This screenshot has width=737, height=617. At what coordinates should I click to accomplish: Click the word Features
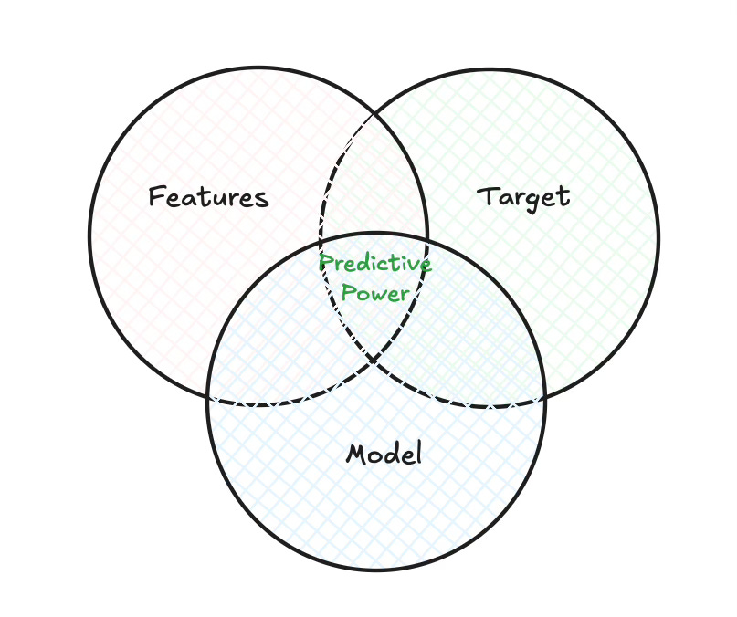208,197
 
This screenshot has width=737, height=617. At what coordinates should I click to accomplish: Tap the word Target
524,196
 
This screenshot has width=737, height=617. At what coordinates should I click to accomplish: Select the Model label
384,454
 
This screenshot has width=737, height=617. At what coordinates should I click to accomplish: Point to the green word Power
375,294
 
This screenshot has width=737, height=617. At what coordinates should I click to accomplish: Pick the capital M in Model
356,454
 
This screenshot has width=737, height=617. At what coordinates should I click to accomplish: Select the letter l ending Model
418,453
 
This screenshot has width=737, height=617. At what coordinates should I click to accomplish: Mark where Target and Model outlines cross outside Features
540,400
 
